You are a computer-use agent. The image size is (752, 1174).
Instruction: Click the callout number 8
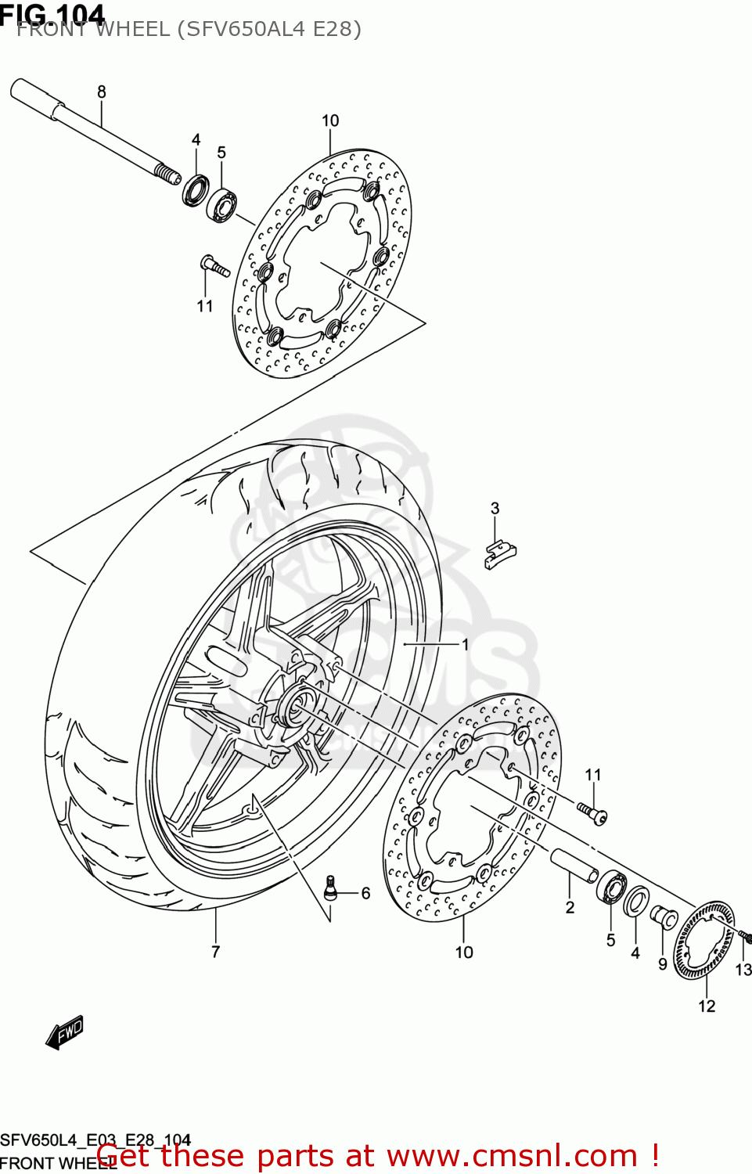101,92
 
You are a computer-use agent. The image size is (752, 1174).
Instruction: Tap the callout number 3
495,508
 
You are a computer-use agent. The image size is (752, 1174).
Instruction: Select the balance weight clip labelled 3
499,554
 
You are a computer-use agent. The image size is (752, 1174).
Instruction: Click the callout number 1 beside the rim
465,644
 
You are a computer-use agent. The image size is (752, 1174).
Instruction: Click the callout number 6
365,893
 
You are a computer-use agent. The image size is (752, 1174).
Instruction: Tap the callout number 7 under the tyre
215,952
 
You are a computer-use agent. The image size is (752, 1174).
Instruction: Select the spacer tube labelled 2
574,866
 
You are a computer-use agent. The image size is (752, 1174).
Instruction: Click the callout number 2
570,907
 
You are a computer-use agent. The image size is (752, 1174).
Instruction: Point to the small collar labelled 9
664,916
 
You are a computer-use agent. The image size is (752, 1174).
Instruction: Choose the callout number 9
662,964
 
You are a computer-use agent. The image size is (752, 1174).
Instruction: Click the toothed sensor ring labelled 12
704,940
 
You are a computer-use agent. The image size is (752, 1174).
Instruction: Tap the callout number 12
707,1006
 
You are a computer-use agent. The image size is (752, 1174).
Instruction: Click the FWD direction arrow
65,1032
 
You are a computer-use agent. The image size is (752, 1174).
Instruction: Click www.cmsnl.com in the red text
513,1155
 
